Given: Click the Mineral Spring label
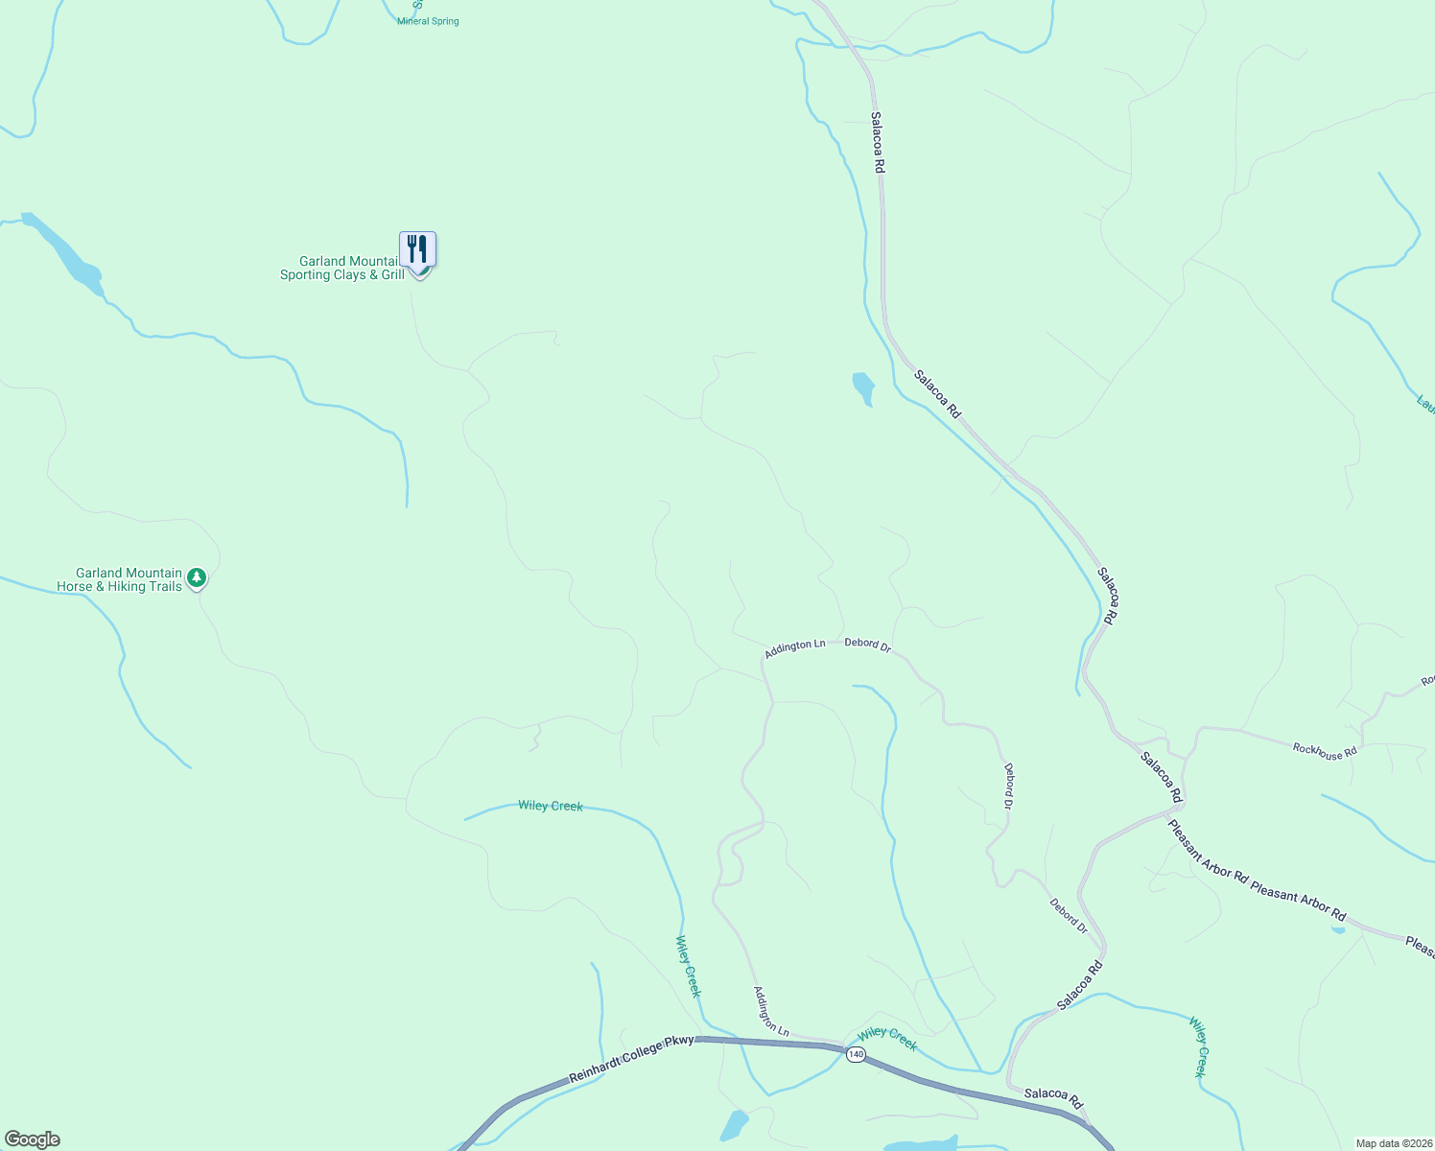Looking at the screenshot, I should tap(428, 21).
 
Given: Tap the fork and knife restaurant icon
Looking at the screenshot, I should tap(417, 249).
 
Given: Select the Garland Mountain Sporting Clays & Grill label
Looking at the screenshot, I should tap(342, 268).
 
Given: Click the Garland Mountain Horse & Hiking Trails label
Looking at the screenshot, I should tap(119, 579).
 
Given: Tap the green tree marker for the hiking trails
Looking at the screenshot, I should tap(197, 577).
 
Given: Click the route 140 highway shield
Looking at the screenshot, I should tap(857, 1054).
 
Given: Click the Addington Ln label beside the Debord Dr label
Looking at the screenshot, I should tap(794, 649).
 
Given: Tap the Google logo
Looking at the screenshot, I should tap(32, 1139).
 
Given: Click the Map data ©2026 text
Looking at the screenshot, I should tap(1394, 1143).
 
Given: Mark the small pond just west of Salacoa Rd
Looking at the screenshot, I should tap(863, 388).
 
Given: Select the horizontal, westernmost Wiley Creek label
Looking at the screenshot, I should tap(551, 806).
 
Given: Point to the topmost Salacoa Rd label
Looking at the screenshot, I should tap(878, 142).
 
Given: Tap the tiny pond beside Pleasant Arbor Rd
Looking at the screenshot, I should tap(1337, 929).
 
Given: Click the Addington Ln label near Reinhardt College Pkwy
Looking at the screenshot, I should tap(770, 1012).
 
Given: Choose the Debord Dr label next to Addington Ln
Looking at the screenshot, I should tap(867, 646).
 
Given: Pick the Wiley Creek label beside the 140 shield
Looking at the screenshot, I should tap(887, 1038).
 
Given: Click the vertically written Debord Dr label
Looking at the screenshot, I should tap(1008, 786).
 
